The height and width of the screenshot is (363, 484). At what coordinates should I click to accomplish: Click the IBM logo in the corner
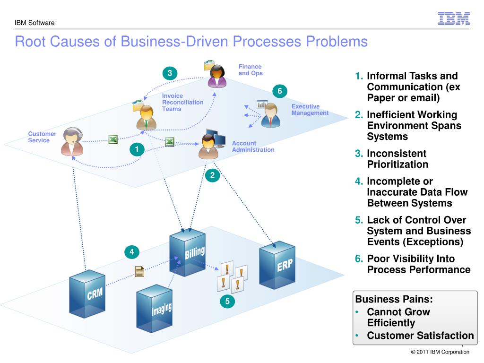(454, 19)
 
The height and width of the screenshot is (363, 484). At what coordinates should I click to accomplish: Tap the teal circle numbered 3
(170, 73)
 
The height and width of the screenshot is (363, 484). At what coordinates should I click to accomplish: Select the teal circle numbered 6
(280, 91)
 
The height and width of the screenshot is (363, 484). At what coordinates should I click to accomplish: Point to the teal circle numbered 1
(137, 150)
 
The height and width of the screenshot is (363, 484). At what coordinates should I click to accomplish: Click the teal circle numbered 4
(132, 252)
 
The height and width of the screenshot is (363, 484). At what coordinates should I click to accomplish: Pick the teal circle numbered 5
(227, 301)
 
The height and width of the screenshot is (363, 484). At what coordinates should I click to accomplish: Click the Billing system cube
(187, 252)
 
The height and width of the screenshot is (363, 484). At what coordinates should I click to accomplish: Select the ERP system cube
(277, 265)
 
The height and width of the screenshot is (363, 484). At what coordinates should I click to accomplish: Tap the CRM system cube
(87, 294)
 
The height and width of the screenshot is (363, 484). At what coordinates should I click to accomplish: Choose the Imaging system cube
(155, 308)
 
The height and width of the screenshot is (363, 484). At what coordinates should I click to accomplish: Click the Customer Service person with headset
(72, 141)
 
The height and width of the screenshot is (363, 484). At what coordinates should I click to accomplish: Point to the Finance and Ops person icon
(217, 76)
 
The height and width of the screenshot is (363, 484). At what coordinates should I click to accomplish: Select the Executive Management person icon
(271, 115)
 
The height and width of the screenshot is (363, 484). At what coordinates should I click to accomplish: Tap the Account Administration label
(253, 147)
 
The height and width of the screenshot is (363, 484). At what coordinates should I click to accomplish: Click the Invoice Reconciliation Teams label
(183, 102)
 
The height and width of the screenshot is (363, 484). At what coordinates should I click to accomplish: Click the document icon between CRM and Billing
(139, 272)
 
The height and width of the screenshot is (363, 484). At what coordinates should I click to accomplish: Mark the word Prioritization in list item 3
(398, 164)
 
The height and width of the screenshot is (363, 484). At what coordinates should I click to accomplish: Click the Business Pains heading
(394, 299)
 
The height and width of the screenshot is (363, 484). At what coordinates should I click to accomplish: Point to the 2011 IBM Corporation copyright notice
(440, 352)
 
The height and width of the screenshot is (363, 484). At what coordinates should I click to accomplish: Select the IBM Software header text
(35, 23)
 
